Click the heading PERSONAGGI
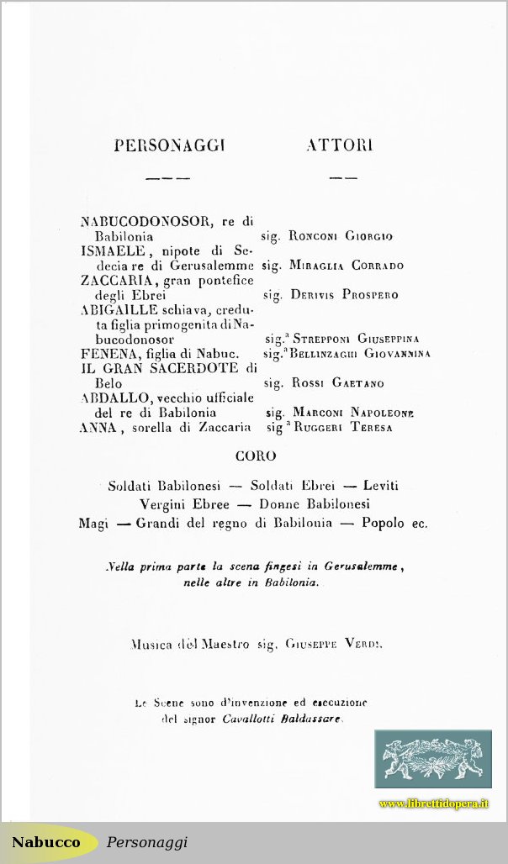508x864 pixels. (x=169, y=145)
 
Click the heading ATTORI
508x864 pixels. (x=340, y=145)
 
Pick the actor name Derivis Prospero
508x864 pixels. (x=344, y=295)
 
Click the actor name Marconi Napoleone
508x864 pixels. (x=352, y=413)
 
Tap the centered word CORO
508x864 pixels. (x=255, y=456)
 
